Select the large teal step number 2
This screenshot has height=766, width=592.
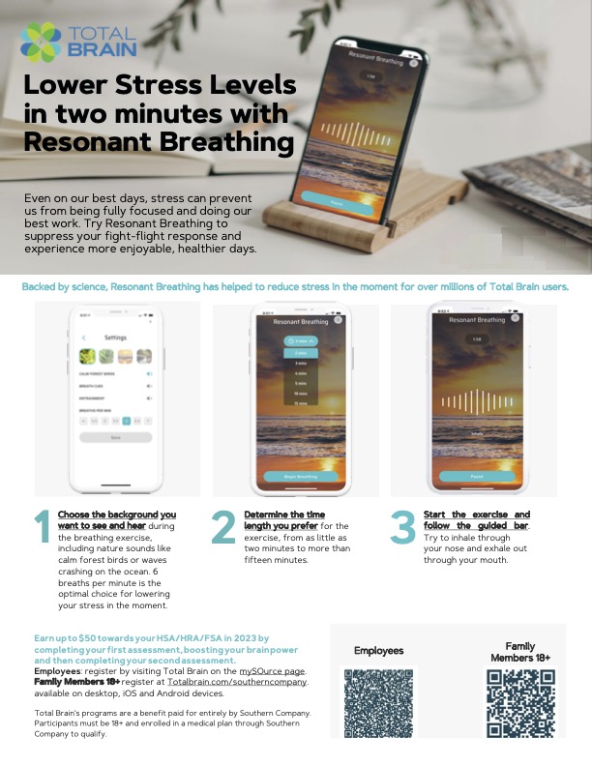223,527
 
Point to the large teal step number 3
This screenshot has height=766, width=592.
402,527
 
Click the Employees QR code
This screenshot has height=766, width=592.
378,702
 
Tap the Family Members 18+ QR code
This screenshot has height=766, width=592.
519,702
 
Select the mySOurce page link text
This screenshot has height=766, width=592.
273,670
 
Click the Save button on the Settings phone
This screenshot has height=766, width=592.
115,437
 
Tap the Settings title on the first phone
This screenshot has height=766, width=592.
115,338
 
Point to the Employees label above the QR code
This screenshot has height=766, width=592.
378,651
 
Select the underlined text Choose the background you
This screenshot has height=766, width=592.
117,514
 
